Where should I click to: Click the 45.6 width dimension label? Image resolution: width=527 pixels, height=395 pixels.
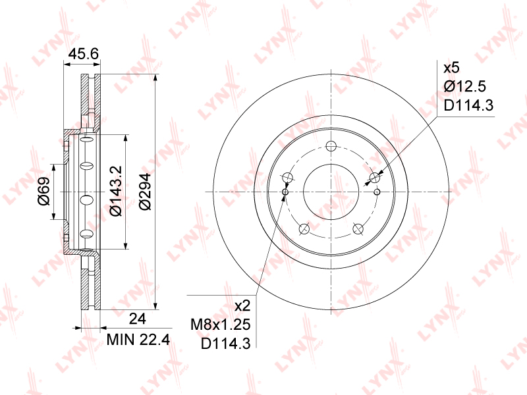click(84, 54)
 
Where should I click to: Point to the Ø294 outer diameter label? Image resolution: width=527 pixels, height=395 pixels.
click(146, 192)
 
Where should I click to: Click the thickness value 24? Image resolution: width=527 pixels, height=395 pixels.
click(138, 319)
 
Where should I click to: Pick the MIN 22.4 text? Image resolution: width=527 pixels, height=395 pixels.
click(138, 340)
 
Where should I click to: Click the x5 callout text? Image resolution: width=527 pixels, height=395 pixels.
click(451, 68)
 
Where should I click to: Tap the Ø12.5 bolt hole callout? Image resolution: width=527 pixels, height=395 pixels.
click(465, 87)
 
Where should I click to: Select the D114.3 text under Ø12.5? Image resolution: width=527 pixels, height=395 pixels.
click(468, 105)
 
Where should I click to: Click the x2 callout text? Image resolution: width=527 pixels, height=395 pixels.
click(242, 306)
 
